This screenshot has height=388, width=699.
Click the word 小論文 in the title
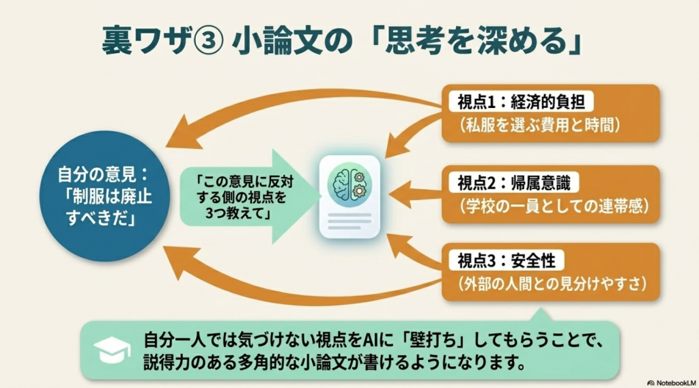point(270,42)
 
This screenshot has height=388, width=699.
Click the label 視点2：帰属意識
point(518,183)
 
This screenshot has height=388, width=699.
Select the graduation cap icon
point(107,349)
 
